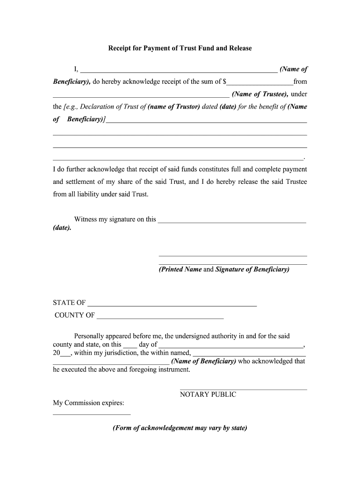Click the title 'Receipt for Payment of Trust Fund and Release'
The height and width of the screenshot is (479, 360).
point(180,48)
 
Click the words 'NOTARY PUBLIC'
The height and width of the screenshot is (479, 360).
point(208,394)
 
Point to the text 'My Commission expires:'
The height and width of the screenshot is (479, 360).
point(88,403)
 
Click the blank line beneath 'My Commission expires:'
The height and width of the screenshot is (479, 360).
point(92,414)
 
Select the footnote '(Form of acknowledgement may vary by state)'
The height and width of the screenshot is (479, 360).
point(180,428)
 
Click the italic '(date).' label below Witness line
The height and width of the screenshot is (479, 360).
point(62,228)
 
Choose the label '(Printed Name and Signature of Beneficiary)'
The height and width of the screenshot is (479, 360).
point(224,269)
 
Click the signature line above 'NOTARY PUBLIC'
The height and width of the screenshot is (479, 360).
point(243,389)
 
